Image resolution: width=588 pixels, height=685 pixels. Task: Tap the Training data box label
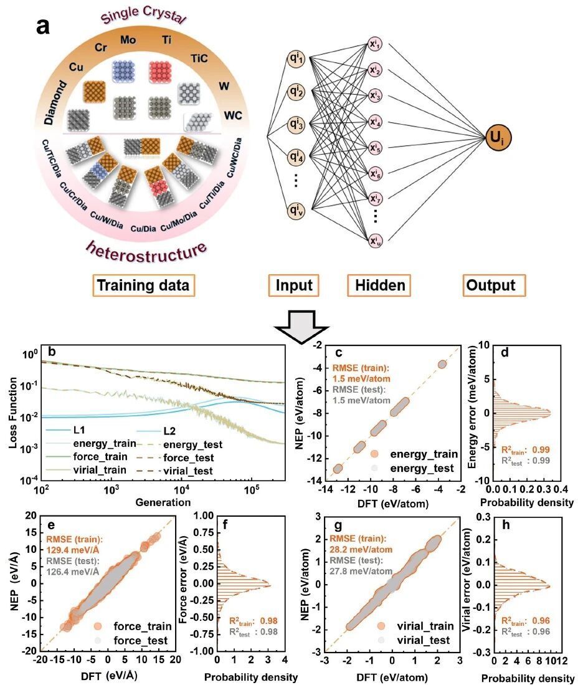(x=143, y=285)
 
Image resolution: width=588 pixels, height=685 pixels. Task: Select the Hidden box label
(x=381, y=285)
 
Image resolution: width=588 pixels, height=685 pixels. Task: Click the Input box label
(x=294, y=285)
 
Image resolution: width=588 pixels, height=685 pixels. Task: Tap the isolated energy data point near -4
(x=442, y=364)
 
